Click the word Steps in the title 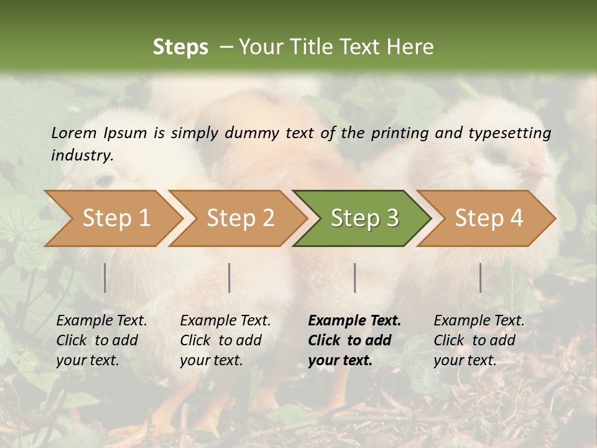180,47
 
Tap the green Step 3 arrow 364,218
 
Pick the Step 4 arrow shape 488,218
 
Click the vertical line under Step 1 105,278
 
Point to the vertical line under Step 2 229,278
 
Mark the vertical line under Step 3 354,278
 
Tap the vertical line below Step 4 481,278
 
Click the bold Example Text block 354,340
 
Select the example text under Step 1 101,340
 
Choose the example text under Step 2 225,340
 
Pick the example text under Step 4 479,340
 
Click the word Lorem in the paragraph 73,133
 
